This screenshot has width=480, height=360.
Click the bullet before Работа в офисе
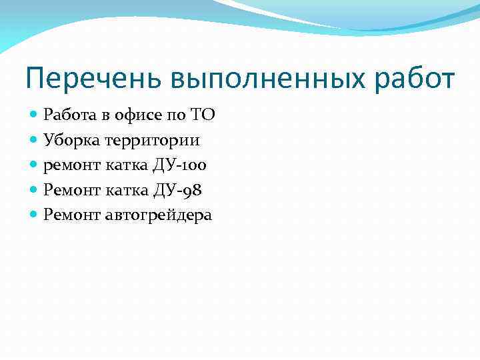[x=34, y=115]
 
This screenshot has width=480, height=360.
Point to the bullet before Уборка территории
[x=34, y=140]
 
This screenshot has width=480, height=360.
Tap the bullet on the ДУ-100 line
[x=34, y=165]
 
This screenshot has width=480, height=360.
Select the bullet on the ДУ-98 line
[x=34, y=190]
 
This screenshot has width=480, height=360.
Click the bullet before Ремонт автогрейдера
[x=34, y=215]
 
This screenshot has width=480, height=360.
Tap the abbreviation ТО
[x=202, y=115]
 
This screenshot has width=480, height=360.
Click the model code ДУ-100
[x=180, y=165]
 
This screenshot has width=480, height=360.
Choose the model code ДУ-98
[x=178, y=190]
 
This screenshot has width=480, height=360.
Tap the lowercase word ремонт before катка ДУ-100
[x=69, y=165]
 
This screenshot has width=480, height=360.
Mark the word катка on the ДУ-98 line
[x=126, y=190]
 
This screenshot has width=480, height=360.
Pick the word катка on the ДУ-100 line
[x=124, y=165]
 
